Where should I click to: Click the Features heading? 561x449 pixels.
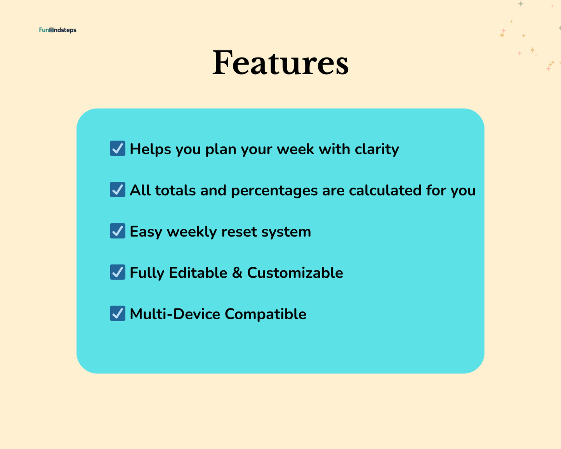tap(280, 63)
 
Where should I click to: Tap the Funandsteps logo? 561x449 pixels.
tap(57, 30)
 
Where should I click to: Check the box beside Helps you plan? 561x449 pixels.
tap(118, 148)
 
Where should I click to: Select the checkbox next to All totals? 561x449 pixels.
tap(118, 190)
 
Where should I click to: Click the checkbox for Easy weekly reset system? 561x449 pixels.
tap(118, 231)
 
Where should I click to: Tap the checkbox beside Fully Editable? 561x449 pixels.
tap(118, 272)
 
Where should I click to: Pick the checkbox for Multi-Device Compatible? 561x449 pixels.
tap(118, 313)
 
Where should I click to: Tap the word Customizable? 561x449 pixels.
tap(295, 273)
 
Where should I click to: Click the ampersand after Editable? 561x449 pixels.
tap(237, 273)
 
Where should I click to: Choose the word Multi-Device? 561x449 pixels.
tap(175, 314)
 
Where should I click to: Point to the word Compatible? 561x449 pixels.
tap(266, 314)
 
